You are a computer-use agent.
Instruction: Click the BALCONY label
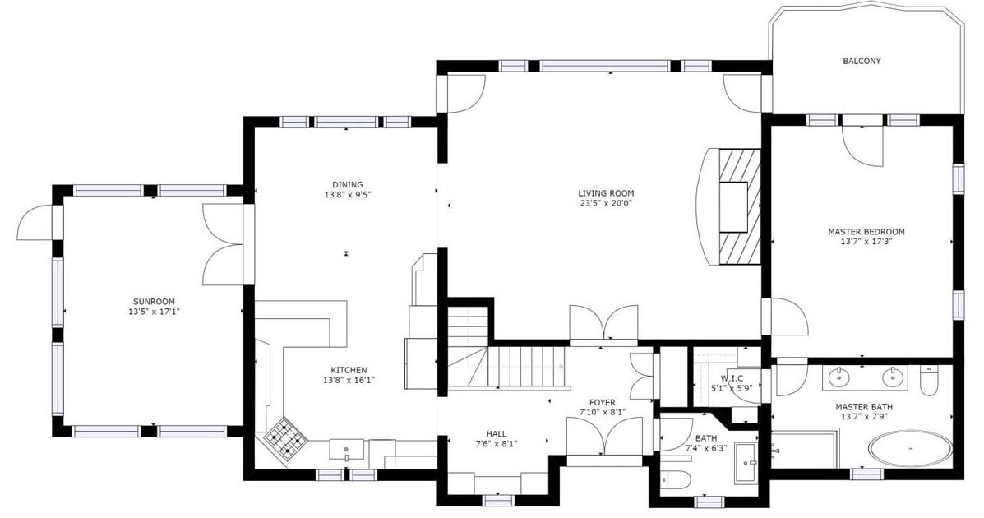pos(861,62)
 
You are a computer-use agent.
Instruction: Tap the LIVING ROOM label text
pos(606,193)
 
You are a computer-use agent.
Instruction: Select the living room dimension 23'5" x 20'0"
pos(606,203)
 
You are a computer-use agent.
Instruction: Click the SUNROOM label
pos(154,302)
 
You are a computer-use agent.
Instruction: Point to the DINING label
pos(348,185)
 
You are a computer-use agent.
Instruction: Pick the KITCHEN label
pos(349,371)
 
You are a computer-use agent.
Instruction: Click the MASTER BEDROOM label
pos(866,232)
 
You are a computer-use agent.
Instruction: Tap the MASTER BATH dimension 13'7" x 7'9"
pos(864,416)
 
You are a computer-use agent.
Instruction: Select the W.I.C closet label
pos(732,378)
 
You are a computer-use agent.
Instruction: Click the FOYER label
pos(602,402)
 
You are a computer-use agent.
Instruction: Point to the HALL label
pos(496,434)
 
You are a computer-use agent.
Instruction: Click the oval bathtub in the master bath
pos(910,448)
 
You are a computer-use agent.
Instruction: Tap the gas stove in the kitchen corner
pos(286,437)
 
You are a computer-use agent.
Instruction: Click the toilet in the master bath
pos(929,378)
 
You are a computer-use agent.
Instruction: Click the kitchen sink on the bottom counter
pos(346,450)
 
